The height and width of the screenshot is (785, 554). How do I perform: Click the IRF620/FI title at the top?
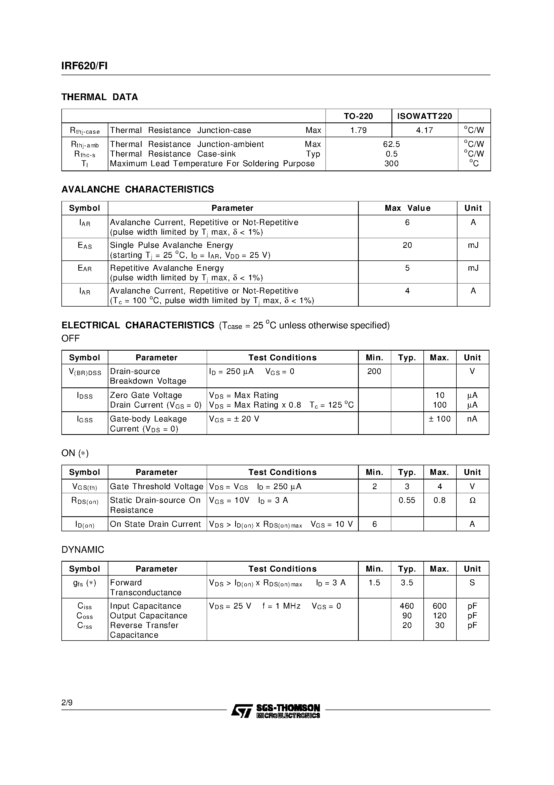pos(84,66)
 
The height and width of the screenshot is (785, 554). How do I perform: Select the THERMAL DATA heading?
pos(99,97)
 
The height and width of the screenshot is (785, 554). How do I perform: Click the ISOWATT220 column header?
pos(424,116)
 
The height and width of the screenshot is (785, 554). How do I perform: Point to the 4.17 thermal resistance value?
pos(424,130)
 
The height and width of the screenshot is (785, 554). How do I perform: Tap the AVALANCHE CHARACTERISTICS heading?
pos(138,190)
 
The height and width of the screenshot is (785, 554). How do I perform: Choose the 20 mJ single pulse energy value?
pos(407,245)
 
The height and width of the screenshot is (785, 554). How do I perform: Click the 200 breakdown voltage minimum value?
pos(374,372)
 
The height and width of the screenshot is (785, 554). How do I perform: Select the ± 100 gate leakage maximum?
pos(439,419)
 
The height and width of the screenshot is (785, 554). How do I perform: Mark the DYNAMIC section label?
pos(83,550)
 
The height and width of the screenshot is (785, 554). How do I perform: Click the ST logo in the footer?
pos(242,711)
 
